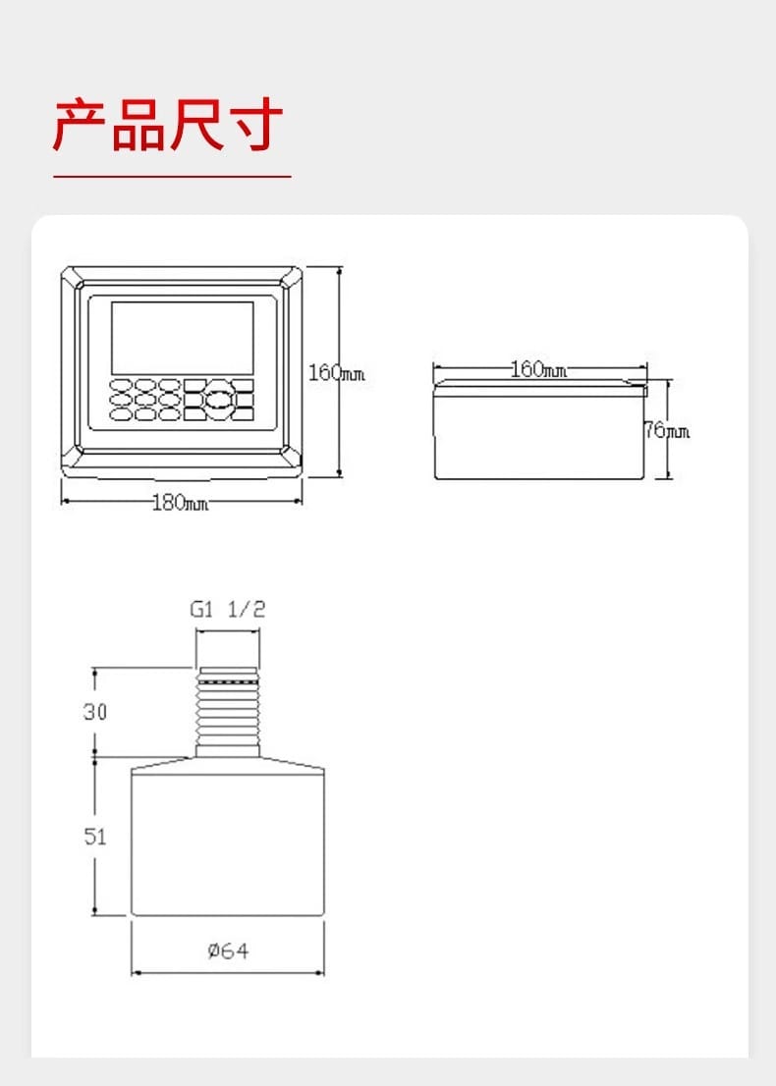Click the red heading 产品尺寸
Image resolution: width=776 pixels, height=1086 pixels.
coord(168,126)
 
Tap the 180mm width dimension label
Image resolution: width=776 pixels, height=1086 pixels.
coord(180,502)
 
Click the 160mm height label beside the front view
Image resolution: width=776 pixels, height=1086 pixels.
coord(336,373)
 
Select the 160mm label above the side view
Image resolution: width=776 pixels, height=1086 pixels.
coord(538,369)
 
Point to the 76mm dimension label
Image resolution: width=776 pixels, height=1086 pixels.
coord(667,431)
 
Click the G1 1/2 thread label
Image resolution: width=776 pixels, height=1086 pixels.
coord(228,609)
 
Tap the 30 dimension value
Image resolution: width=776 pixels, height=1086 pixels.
coord(95,711)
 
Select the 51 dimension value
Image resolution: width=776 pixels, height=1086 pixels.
coord(95,836)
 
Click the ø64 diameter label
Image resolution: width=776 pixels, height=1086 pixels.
coord(228,950)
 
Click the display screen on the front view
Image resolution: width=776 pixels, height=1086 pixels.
coord(183,338)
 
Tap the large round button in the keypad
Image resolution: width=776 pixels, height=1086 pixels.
coord(220,400)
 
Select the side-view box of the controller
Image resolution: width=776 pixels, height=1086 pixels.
coord(539,429)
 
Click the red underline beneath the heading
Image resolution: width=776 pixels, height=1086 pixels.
coord(172,177)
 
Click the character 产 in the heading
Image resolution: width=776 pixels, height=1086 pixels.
coord(79,126)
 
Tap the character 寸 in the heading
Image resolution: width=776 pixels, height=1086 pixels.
coord(255,126)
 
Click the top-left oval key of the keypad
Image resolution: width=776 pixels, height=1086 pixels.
coord(121,384)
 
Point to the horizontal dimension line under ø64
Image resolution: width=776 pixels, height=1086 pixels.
coord(228,972)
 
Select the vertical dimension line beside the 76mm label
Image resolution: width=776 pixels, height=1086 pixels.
coord(669,429)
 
